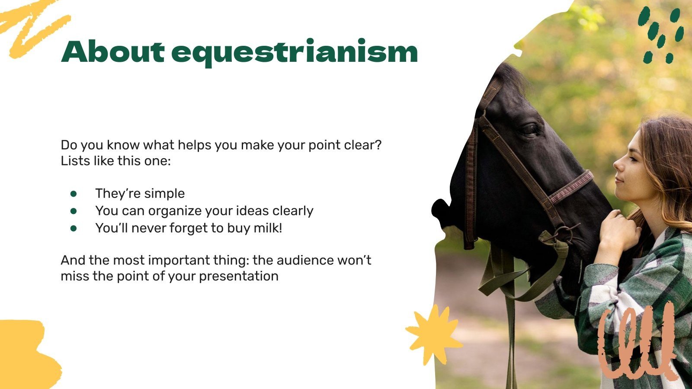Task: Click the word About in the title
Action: (112, 52)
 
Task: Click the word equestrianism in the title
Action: (294, 53)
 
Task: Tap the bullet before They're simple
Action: (74, 194)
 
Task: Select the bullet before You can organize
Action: (74, 211)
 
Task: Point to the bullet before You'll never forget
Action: (74, 228)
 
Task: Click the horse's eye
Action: (529, 128)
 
